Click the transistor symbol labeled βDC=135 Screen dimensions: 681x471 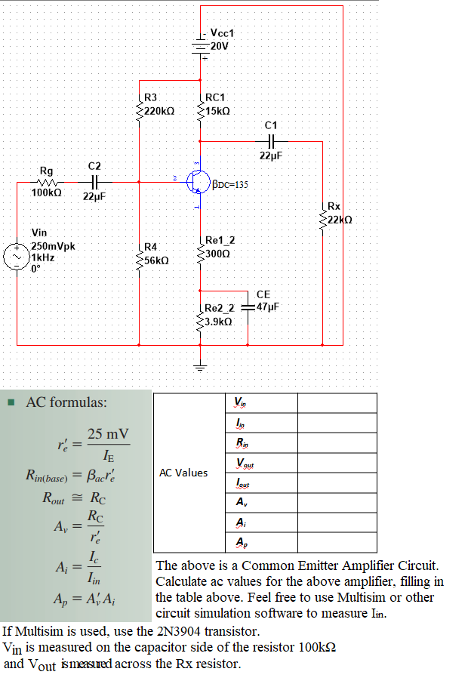(199, 182)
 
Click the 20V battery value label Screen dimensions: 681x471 (220, 46)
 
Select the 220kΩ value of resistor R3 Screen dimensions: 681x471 (159, 110)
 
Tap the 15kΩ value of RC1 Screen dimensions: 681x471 (217, 110)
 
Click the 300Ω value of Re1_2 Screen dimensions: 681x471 (217, 253)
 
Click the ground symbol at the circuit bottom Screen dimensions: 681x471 (200, 368)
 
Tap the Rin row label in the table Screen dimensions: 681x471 (240, 442)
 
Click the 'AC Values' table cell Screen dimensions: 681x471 (184, 473)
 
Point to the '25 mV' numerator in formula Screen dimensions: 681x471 (108, 433)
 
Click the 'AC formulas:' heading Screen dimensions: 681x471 (66, 402)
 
